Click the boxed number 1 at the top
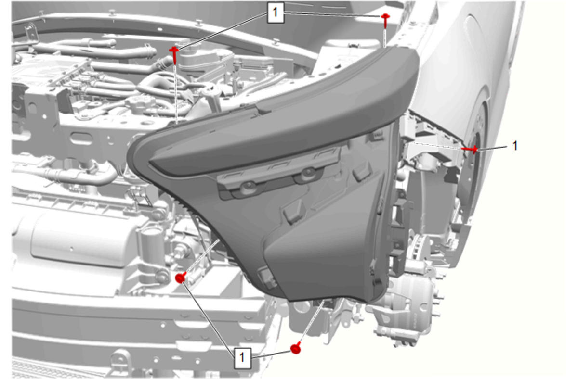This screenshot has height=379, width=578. tap(276, 13)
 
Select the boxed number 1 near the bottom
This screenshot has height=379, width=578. tap(242, 358)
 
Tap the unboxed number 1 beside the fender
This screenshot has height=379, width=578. tap(515, 146)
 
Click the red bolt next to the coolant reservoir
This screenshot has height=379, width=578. tap(175, 55)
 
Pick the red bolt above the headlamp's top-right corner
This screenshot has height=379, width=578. tap(385, 21)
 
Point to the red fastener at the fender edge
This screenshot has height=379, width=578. tap(470, 149)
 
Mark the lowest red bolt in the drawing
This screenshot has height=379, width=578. tap(295, 348)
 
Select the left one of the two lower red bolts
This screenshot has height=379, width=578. tap(180, 278)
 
